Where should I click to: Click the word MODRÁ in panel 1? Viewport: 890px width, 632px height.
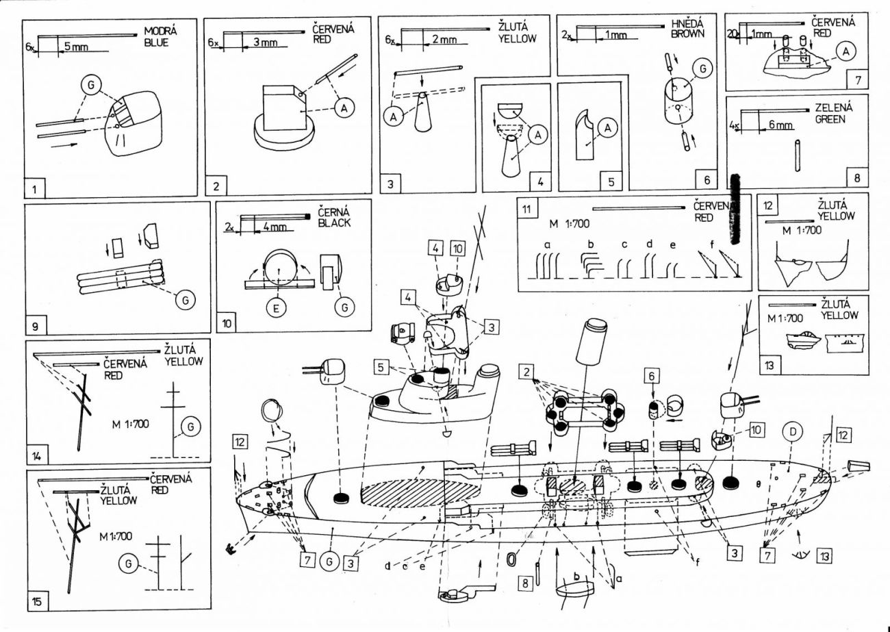[160, 31]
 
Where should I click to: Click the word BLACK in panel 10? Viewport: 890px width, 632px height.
[335, 223]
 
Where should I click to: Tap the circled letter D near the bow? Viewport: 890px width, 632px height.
[793, 433]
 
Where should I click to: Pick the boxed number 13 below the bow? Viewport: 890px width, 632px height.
[824, 556]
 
